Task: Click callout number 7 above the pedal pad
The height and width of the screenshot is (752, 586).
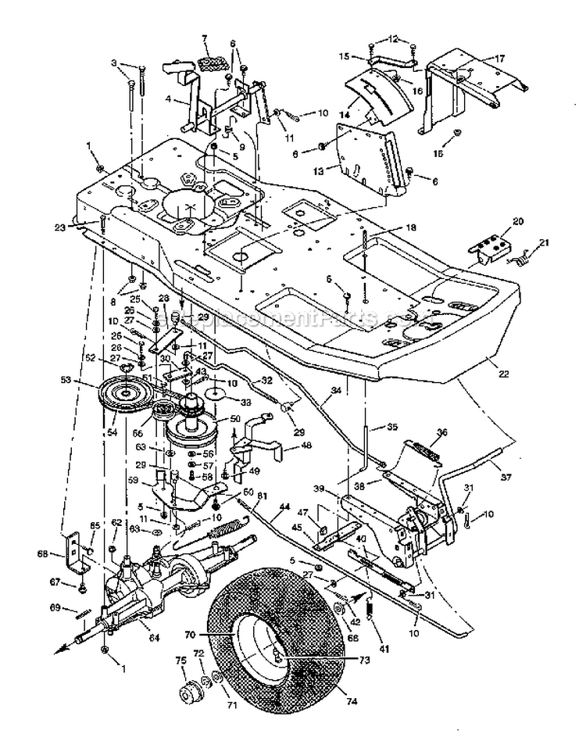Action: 204,38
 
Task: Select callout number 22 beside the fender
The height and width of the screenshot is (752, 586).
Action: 503,374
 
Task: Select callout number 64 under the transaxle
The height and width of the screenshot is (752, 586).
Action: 154,639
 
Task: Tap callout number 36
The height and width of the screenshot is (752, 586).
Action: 442,431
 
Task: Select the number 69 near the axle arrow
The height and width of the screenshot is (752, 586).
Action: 77,606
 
